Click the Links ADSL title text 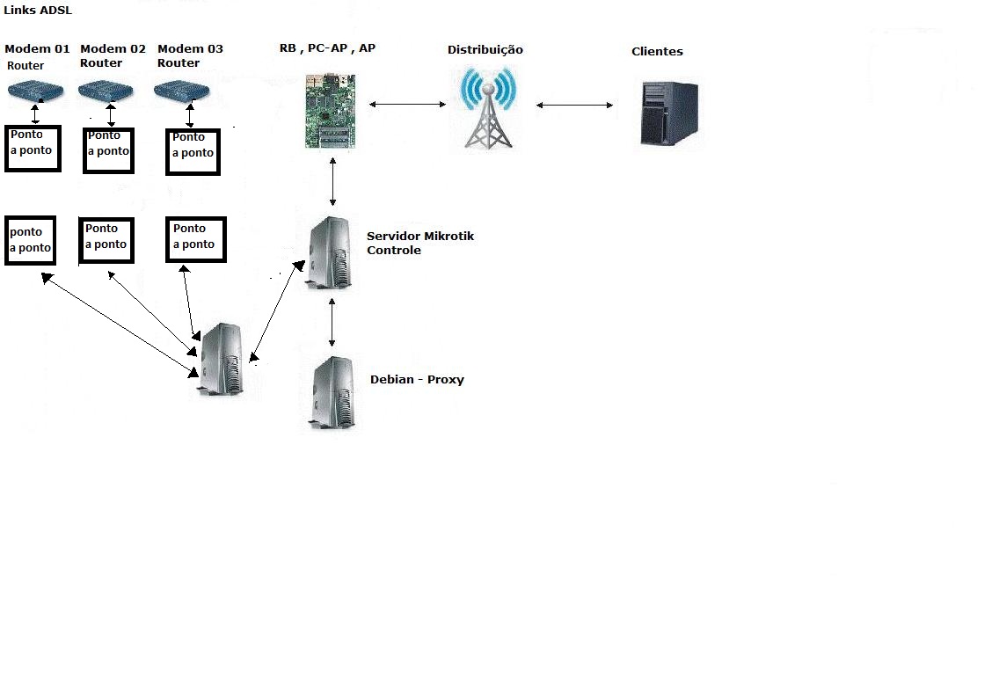[x=39, y=11]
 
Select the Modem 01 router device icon [x=36, y=91]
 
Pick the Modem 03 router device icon [x=184, y=91]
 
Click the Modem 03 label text [x=190, y=49]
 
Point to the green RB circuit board [x=331, y=109]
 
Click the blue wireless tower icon [x=488, y=107]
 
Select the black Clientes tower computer [x=669, y=113]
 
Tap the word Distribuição [x=485, y=50]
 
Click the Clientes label [x=657, y=52]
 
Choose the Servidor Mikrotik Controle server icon [x=333, y=254]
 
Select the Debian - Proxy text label [x=417, y=380]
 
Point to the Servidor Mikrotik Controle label [x=419, y=244]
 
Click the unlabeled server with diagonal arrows [x=220, y=361]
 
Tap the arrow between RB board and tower [x=408, y=105]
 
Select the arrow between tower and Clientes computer [x=574, y=106]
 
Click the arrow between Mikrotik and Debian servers [x=332, y=323]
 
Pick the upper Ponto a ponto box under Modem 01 [x=33, y=148]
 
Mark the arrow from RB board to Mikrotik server [x=332, y=182]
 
